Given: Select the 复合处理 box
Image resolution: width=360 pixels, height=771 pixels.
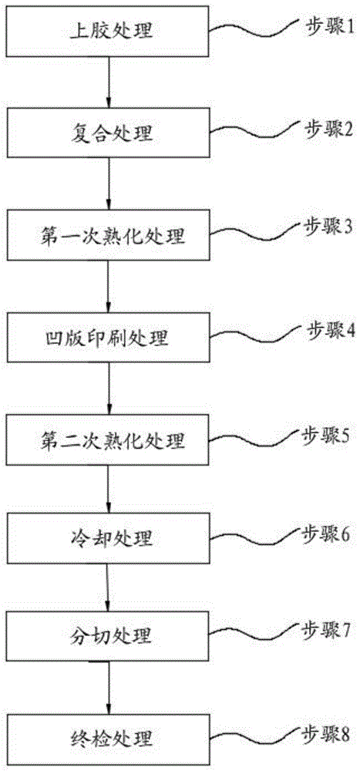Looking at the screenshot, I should pyautogui.click(x=109, y=133).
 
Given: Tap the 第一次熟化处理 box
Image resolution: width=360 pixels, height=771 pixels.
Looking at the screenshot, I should pyautogui.click(x=109, y=234).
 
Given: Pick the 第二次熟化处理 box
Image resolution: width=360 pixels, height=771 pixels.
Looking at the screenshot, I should pyautogui.click(x=109, y=442).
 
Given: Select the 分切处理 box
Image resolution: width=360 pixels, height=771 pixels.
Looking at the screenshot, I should pyautogui.click(x=109, y=637).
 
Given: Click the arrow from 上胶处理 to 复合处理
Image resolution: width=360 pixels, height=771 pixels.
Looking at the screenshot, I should pyautogui.click(x=109, y=83).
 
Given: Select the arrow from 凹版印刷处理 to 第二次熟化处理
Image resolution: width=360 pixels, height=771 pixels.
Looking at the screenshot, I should pyautogui.click(x=109, y=391).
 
